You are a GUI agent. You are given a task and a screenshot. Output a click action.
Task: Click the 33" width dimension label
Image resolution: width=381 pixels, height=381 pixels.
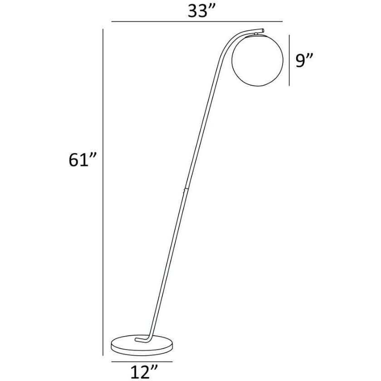point(201,11)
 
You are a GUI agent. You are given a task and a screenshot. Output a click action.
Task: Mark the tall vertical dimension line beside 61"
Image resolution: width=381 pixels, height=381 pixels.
point(104,190)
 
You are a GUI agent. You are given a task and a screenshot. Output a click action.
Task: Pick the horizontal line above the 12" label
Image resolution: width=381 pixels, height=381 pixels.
point(141,361)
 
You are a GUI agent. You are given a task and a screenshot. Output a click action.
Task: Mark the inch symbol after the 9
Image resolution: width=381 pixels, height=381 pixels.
point(312,56)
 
